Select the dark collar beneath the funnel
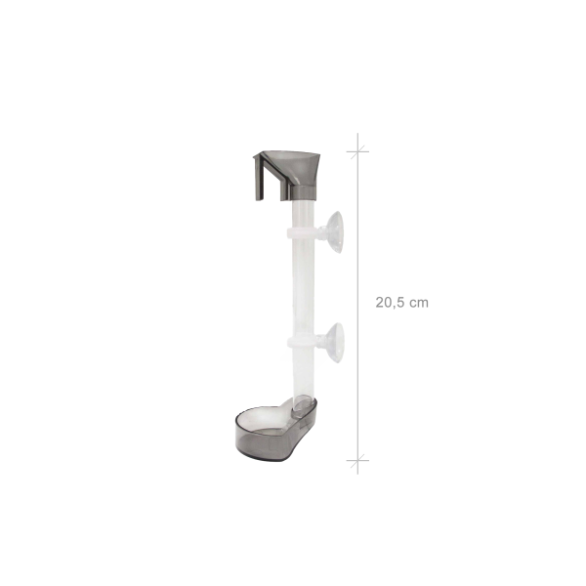[x=304, y=192]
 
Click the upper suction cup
[x=335, y=232]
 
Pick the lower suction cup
[x=335, y=343]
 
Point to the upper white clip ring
[x=302, y=232]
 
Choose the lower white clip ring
[x=302, y=341]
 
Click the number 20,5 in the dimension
[x=391, y=303]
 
